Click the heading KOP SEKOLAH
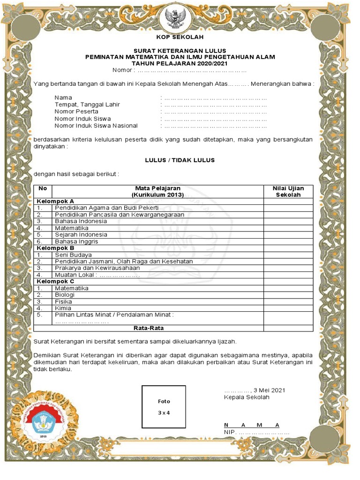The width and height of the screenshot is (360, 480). (180, 37)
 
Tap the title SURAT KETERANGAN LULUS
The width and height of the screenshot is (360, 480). (180, 51)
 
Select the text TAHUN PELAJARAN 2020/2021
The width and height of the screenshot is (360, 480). (180, 63)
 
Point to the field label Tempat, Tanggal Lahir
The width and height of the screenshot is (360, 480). (87, 105)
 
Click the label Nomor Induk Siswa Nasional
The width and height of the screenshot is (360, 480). (96, 126)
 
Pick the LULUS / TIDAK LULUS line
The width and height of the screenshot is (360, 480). (180, 160)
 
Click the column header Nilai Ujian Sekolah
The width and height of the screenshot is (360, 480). (288, 191)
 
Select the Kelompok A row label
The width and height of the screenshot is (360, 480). (55, 201)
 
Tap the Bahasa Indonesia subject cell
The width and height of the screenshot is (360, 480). (81, 221)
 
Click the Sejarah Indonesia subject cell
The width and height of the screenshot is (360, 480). (81, 234)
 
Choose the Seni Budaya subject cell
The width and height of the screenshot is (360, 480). (73, 255)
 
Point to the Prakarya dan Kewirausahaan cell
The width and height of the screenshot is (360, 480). (97, 268)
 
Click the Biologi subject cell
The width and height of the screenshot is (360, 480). (65, 295)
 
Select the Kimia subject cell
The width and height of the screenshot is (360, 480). (63, 308)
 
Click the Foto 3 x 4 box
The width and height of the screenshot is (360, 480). (164, 407)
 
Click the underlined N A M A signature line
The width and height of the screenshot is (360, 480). (252, 425)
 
